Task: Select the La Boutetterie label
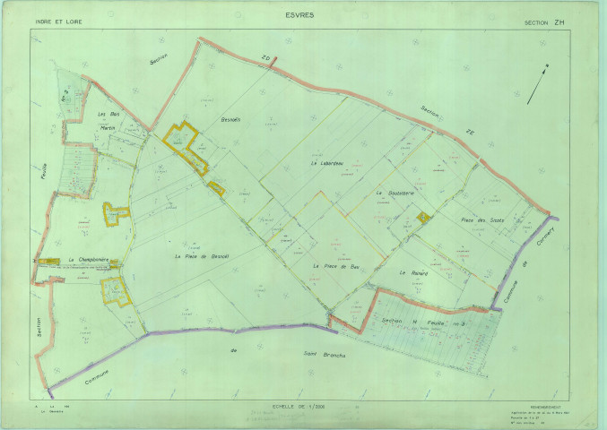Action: coord(394,193)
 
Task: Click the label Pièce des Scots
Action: coord(481,220)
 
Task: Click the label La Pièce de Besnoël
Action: coord(202,256)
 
